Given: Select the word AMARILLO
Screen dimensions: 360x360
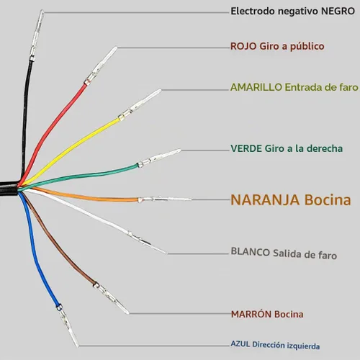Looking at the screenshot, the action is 256,87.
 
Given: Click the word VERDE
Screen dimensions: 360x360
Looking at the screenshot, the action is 246,148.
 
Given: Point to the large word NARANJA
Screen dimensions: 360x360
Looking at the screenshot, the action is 265,199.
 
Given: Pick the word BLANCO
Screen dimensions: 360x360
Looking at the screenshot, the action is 250,252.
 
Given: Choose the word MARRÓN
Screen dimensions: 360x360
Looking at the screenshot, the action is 251,314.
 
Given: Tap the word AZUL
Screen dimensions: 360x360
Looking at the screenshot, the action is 240,343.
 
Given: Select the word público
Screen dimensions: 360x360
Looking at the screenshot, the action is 307,46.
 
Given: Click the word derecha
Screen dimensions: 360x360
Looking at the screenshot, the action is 325,148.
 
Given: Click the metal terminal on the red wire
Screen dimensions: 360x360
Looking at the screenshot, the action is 101,66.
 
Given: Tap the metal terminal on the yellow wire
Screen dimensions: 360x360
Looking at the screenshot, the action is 140,104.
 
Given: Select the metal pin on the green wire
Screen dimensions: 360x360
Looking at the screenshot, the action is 159,158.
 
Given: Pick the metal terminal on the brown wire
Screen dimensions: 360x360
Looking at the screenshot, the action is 112,298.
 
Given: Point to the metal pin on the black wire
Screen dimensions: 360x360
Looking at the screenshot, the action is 36,35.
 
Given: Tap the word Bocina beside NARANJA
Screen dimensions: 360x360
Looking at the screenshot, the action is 328,199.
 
